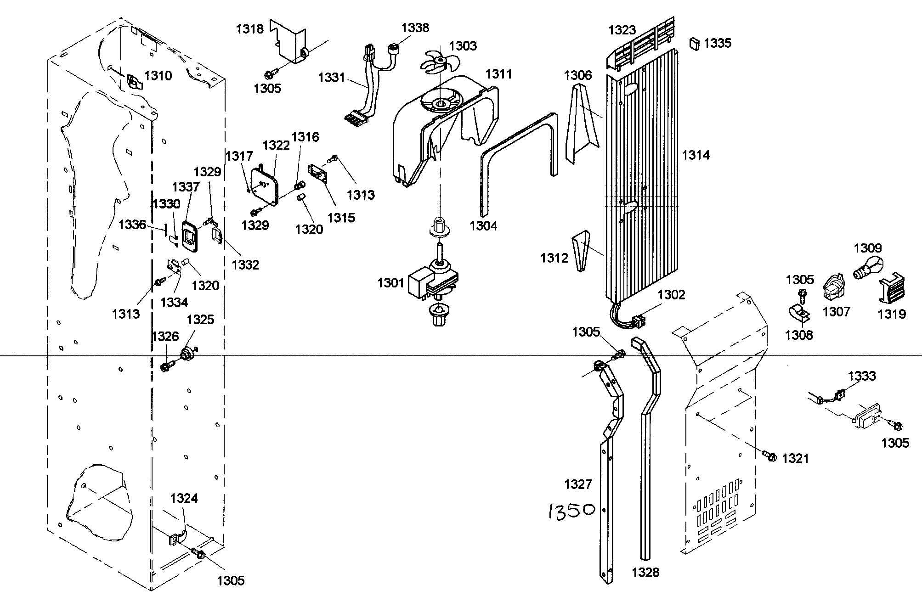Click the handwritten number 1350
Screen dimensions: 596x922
pyautogui.click(x=571, y=511)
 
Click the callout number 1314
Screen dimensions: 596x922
pyautogui.click(x=696, y=155)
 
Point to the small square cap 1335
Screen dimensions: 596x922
pyautogui.click(x=694, y=44)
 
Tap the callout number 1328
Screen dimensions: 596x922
pyautogui.click(x=645, y=572)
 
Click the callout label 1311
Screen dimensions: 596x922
pyautogui.click(x=498, y=73)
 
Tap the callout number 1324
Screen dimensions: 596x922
pyautogui.click(x=184, y=498)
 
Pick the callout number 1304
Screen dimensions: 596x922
pyautogui.click(x=483, y=225)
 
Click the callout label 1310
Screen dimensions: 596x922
pyautogui.click(x=158, y=76)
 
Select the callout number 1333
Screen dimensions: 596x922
pyautogui.click(x=862, y=376)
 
